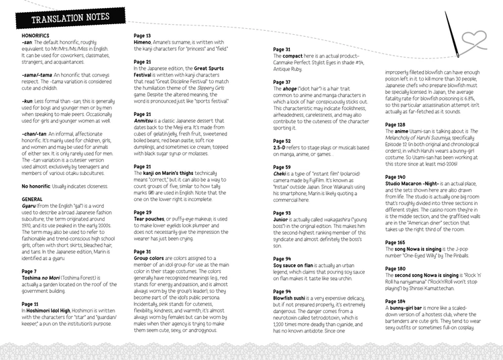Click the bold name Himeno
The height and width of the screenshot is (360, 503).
145,42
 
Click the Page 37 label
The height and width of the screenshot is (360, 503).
282,82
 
